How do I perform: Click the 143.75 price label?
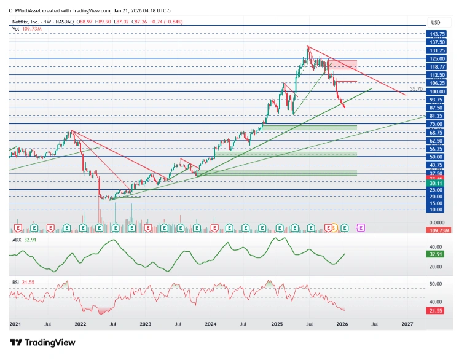[437, 34]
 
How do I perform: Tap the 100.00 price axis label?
[437, 91]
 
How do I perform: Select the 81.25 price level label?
[437, 115]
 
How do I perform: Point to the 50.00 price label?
[437, 157]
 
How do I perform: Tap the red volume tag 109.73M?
[438, 229]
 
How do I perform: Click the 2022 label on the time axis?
[80, 323]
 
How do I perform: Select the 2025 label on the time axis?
[277, 323]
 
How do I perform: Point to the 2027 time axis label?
[406, 323]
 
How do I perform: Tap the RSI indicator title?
[16, 282]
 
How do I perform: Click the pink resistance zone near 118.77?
[343, 65]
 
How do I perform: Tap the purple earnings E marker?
[361, 227]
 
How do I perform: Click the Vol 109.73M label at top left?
[26, 28]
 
